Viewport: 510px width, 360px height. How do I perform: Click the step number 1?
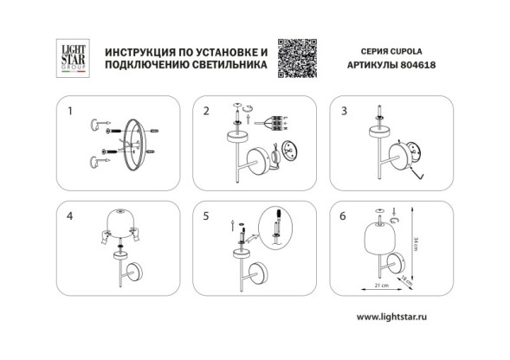[71, 111]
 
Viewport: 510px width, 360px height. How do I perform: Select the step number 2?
[206, 111]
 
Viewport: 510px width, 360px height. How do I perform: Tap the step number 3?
[344, 111]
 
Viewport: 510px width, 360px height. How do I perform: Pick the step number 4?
[71, 215]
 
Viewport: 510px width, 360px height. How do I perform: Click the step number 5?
[206, 215]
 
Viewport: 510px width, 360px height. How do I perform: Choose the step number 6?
[344, 215]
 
